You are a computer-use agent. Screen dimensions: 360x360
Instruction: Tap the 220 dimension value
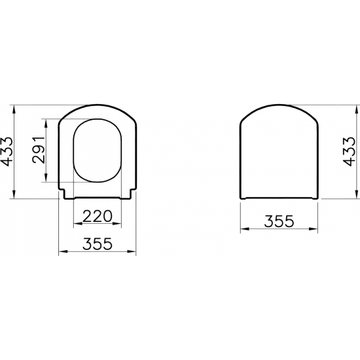[98, 217]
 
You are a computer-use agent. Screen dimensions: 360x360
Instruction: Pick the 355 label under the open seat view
[98, 243]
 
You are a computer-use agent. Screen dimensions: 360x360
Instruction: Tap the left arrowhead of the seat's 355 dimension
[62, 252]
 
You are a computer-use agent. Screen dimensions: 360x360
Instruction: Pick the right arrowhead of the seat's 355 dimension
[134, 252]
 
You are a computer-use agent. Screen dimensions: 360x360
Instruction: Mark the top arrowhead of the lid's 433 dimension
[340, 107]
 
